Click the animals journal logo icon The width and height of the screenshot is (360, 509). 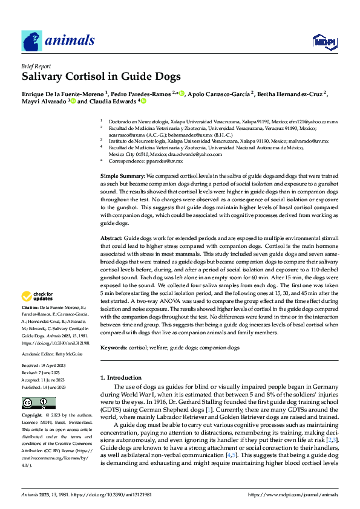(x=32, y=41)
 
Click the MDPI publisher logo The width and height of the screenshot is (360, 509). (x=321, y=41)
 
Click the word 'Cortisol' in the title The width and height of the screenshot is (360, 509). (x=83, y=77)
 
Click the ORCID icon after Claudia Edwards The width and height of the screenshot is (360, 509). (x=144, y=102)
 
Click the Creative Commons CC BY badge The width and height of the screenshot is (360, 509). (x=38, y=403)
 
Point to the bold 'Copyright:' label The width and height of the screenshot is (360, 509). (x=33, y=416)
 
